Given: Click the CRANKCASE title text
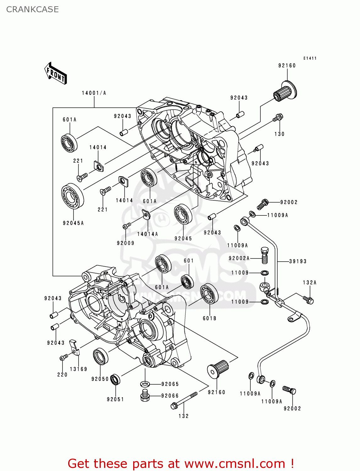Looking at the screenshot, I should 32,9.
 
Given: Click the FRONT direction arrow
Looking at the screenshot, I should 56,73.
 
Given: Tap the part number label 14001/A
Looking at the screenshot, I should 94,93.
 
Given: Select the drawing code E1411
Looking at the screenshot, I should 310,58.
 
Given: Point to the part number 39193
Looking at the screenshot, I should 297,261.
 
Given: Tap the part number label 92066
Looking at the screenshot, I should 170,396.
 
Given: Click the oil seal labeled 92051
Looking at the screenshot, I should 116,380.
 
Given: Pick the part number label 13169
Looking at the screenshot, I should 78,369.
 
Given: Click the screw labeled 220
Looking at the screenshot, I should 64,357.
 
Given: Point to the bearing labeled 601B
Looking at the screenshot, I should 209,294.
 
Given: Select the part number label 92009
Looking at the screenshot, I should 125,243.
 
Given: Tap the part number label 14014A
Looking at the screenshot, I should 147,234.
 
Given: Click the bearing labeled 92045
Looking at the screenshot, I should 183,214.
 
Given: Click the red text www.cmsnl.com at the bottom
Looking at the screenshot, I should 234,463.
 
